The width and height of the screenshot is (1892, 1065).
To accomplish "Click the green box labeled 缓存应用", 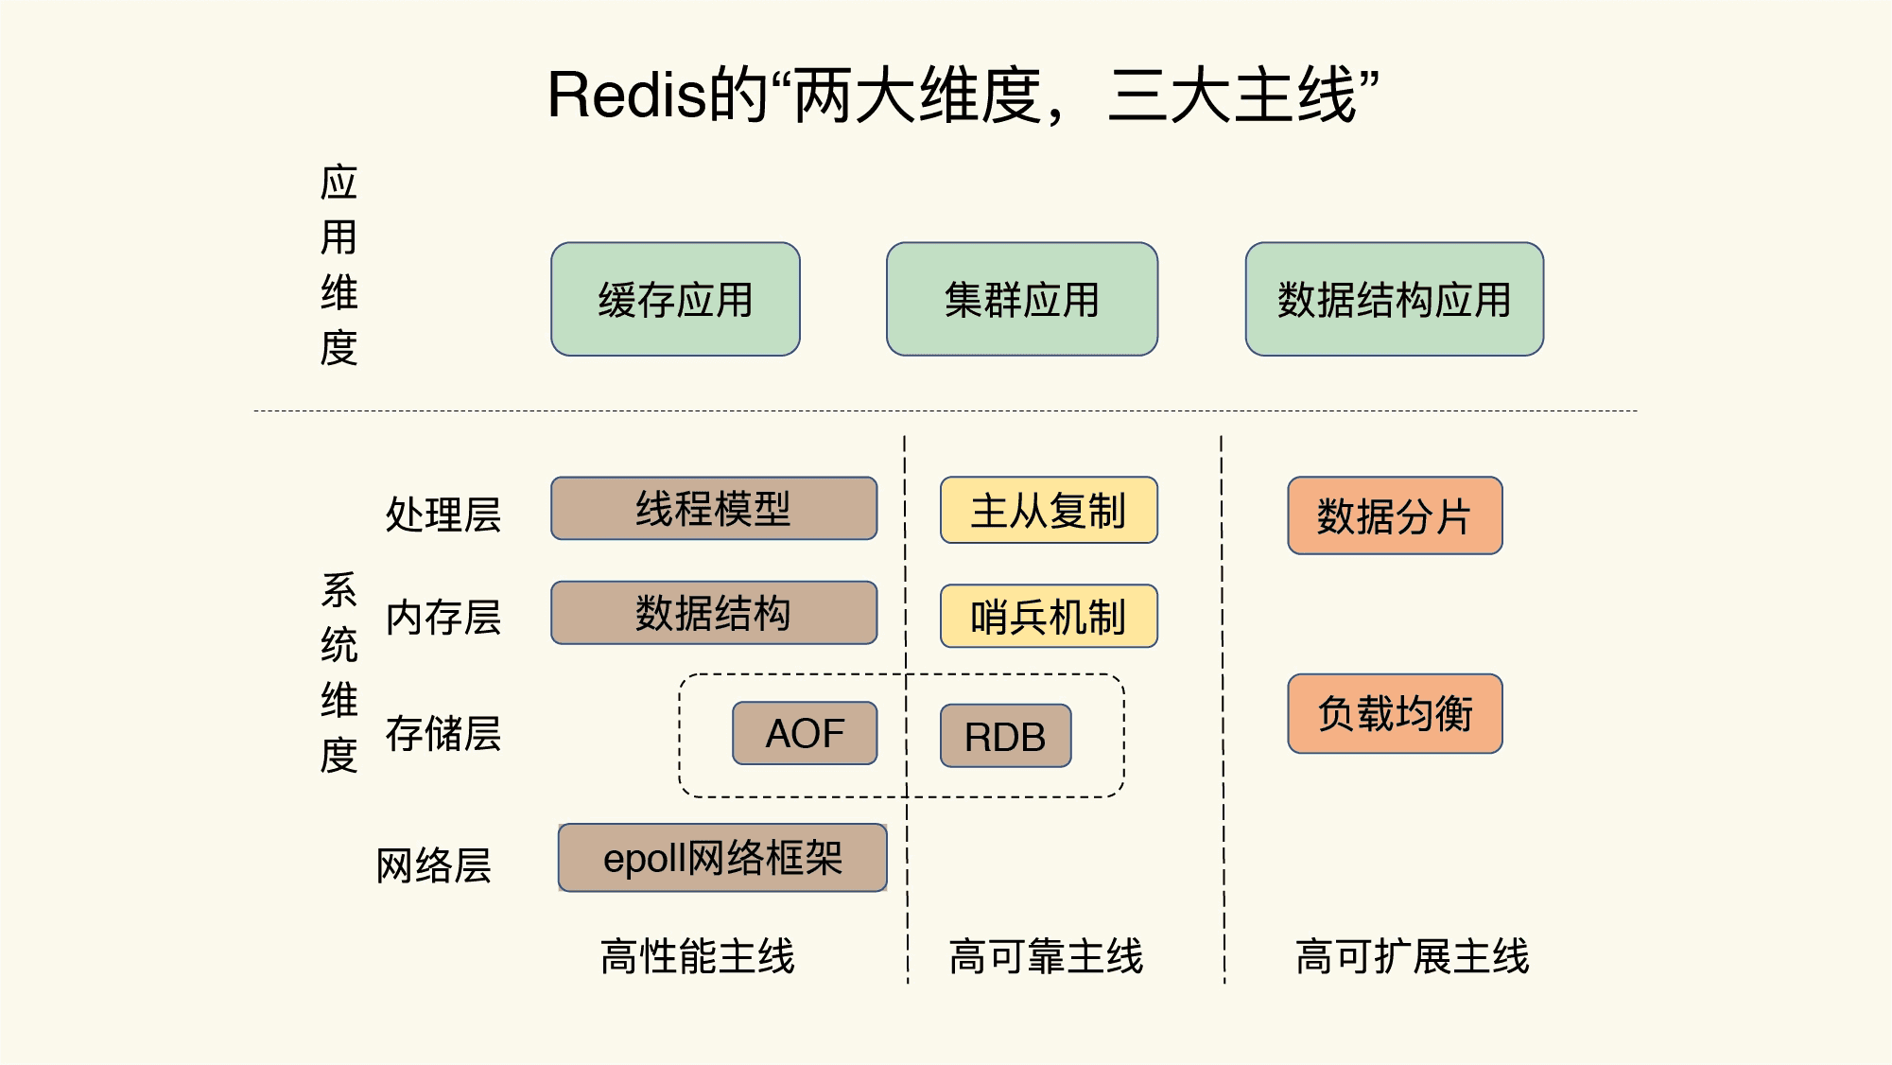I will pyautogui.click(x=675, y=299).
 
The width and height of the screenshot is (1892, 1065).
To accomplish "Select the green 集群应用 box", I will pyautogui.click(x=1021, y=299).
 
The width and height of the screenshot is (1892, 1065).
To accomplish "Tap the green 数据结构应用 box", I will pyautogui.click(x=1394, y=299).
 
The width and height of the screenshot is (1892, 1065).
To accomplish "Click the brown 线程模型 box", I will pyautogui.click(x=713, y=509).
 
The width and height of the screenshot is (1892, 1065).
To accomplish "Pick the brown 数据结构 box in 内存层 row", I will pyautogui.click(x=713, y=613).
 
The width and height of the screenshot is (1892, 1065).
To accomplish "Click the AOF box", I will pyautogui.click(x=805, y=733).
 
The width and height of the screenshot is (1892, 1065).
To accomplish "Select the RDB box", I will pyautogui.click(x=1005, y=736).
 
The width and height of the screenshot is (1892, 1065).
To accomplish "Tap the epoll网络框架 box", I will pyautogui.click(x=722, y=858).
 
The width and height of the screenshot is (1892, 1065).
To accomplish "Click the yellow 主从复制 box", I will pyautogui.click(x=1048, y=511).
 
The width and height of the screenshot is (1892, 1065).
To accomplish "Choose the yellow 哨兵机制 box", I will pyautogui.click(x=1048, y=617).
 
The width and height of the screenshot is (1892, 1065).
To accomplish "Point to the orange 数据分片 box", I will pyautogui.click(x=1394, y=516).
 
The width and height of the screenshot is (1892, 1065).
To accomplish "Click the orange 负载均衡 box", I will pyautogui.click(x=1394, y=713).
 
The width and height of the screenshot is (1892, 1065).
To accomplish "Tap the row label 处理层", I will pyautogui.click(x=443, y=515).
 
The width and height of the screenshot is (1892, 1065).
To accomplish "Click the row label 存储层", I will pyautogui.click(x=443, y=733).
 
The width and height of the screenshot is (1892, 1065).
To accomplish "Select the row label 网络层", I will pyautogui.click(x=433, y=864).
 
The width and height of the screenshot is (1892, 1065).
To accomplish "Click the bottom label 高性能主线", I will pyautogui.click(x=698, y=955).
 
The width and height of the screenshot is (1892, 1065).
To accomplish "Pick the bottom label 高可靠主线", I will pyautogui.click(x=1046, y=955).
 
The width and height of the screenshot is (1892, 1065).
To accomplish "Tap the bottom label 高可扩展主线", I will pyautogui.click(x=1412, y=955).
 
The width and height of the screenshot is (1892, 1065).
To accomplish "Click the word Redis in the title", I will pyautogui.click(x=627, y=96).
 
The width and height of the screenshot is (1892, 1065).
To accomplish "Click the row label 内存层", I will pyautogui.click(x=443, y=618).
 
